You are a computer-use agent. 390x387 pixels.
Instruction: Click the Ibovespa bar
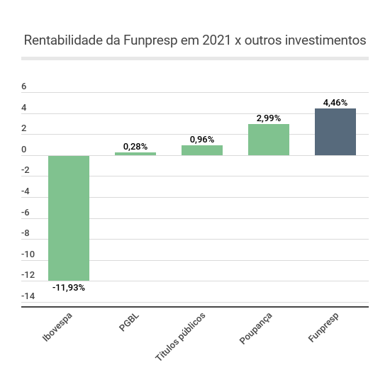coord(69,218)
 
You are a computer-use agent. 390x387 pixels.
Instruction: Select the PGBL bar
coord(135,154)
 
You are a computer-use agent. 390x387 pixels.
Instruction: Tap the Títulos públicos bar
coord(202,150)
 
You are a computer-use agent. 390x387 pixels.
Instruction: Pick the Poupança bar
coord(269,140)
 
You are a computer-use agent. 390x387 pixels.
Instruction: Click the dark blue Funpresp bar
coord(335,132)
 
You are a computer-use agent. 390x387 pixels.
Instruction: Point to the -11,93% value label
coord(69,288)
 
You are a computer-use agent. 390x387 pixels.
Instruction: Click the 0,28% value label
coord(135,147)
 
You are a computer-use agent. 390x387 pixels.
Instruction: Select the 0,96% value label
coord(202,140)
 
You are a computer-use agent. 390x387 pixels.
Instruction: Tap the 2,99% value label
coord(269,118)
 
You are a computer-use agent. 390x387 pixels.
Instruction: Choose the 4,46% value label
coord(335,103)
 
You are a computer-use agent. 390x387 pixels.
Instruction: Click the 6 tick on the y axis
coord(24,86)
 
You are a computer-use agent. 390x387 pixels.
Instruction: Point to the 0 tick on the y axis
coord(24,150)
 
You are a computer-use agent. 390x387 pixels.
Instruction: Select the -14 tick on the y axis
coord(28,296)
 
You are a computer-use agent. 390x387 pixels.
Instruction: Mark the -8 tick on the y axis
coord(26,233)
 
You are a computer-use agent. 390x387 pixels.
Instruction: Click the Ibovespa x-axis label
coord(57,327)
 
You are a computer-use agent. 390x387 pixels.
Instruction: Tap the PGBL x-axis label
coord(129,322)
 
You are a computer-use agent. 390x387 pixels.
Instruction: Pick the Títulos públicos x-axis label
coord(180,337)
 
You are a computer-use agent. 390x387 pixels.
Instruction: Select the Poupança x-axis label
coord(256,328)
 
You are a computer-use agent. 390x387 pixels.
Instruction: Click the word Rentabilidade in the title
coord(64,40)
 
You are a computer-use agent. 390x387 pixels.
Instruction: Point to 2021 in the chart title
coord(217,40)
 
